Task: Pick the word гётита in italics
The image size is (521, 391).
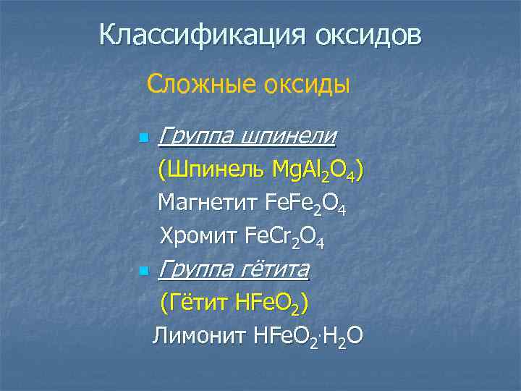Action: pyautogui.click(x=274, y=270)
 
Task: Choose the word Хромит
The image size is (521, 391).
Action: pyautogui.click(x=198, y=236)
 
